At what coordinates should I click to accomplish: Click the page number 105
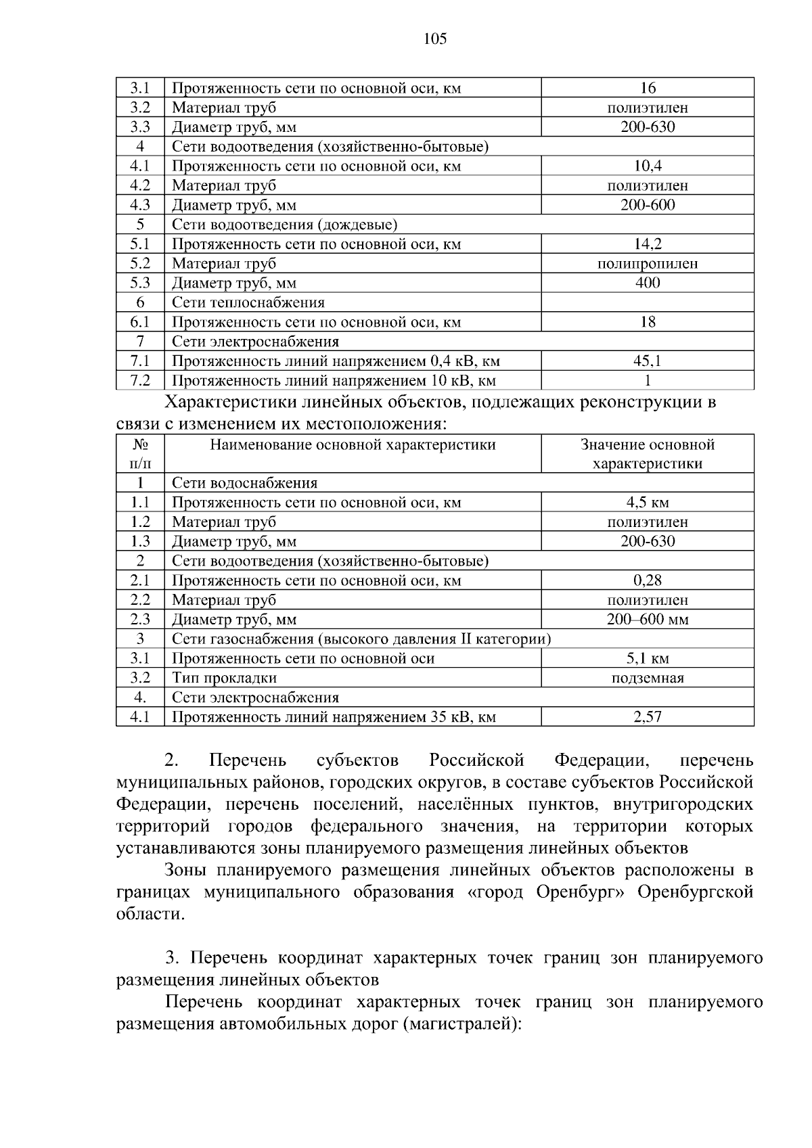[x=435, y=39]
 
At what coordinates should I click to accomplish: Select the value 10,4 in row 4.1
[x=648, y=166]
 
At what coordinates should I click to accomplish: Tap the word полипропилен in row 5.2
[x=648, y=264]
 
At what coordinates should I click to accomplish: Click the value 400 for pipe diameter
[x=648, y=283]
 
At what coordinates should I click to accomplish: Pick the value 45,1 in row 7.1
[x=648, y=361]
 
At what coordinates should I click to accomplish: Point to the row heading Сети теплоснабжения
[x=248, y=302]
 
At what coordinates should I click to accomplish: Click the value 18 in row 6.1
[x=648, y=322]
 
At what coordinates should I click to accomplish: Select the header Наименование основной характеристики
[x=353, y=445]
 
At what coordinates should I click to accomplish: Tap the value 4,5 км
[x=648, y=503]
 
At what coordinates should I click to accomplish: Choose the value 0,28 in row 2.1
[x=648, y=580]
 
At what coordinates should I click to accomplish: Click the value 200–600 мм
[x=648, y=620]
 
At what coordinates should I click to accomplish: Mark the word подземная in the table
[x=648, y=678]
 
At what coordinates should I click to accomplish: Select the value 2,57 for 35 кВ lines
[x=648, y=717]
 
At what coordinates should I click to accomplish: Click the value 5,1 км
[x=648, y=659]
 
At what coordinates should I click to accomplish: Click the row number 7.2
[x=140, y=381]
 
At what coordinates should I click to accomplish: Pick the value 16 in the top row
[x=648, y=88]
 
